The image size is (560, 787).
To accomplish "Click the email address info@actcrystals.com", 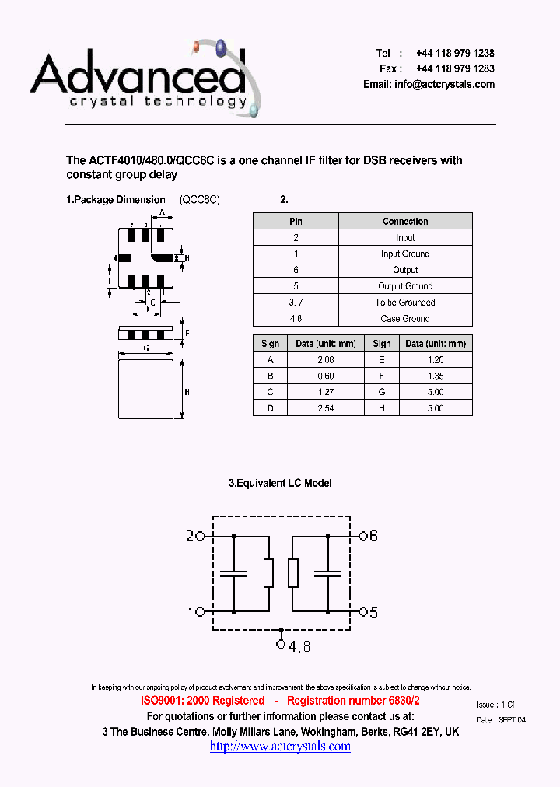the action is click(444, 84).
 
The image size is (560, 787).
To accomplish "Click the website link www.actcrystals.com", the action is click(280, 747).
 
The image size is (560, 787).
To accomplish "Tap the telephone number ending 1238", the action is click(455, 53).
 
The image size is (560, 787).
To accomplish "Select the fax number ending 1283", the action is click(455, 68).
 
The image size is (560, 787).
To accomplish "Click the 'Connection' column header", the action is click(405, 222).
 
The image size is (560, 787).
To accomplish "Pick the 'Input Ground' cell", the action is click(405, 254).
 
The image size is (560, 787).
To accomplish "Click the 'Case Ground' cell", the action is click(405, 318).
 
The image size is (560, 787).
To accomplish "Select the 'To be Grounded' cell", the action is click(405, 302).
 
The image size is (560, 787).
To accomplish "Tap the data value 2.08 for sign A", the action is click(326, 359).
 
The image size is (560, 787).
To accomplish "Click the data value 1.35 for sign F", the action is click(436, 376).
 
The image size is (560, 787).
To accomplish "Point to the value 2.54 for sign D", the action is click(326, 408).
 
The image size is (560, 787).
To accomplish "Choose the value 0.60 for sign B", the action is click(326, 376).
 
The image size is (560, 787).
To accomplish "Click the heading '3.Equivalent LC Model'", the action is click(280, 483).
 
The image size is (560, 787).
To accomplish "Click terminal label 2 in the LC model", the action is click(190, 536).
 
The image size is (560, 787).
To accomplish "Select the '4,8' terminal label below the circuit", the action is click(300, 645).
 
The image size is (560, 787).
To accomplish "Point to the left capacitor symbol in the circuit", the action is click(233, 574).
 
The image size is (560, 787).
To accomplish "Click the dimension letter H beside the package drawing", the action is click(187, 393).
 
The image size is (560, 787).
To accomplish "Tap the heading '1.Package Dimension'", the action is click(116, 200).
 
